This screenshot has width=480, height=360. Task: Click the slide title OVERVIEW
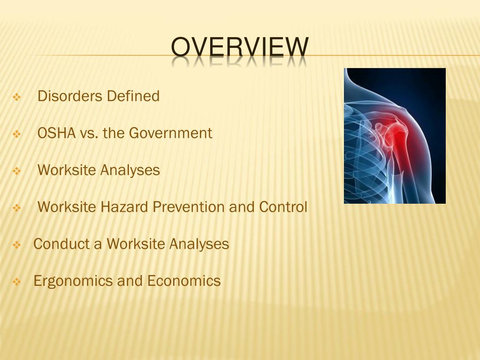240,47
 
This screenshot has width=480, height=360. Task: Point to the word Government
171,133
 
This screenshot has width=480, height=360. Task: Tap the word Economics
184,281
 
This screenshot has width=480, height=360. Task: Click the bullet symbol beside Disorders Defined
17,98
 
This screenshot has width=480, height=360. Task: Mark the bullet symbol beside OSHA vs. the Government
17,135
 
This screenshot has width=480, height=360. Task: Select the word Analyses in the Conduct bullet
199,244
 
